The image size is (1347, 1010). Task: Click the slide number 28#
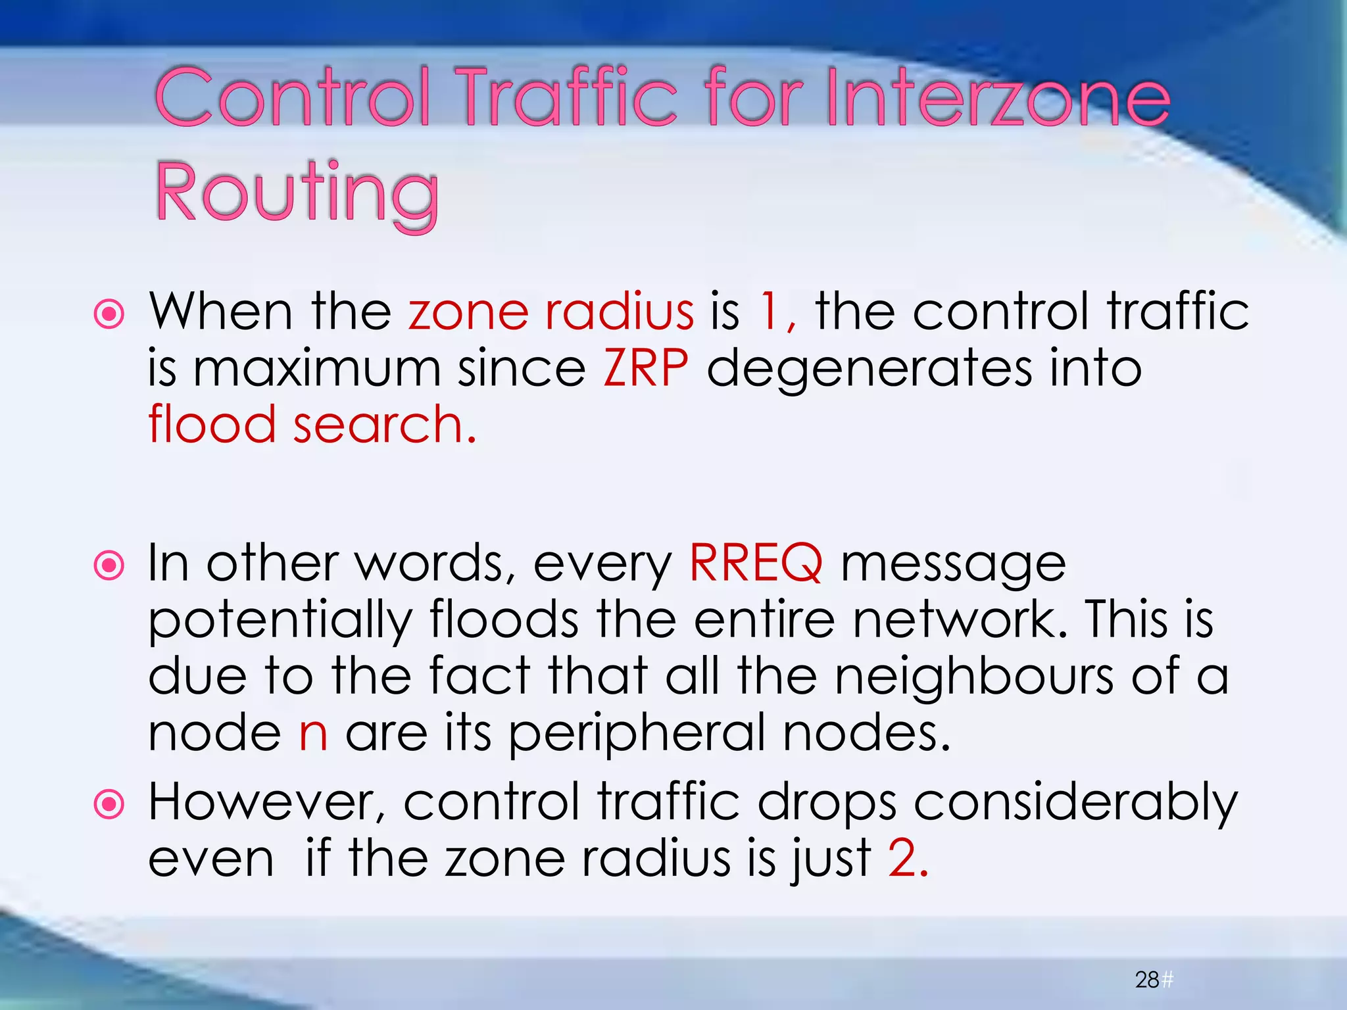(1154, 980)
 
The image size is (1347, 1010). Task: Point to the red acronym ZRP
(646, 368)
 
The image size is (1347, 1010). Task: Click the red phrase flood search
(312, 425)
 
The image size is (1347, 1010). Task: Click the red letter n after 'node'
(313, 733)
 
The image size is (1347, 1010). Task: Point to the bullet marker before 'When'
(109, 314)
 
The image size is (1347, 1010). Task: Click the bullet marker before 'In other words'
(109, 566)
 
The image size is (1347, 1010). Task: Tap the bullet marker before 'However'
(109, 804)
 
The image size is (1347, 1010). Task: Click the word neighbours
(974, 677)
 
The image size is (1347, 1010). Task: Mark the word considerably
(1076, 803)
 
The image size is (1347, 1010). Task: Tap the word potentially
(280, 621)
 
